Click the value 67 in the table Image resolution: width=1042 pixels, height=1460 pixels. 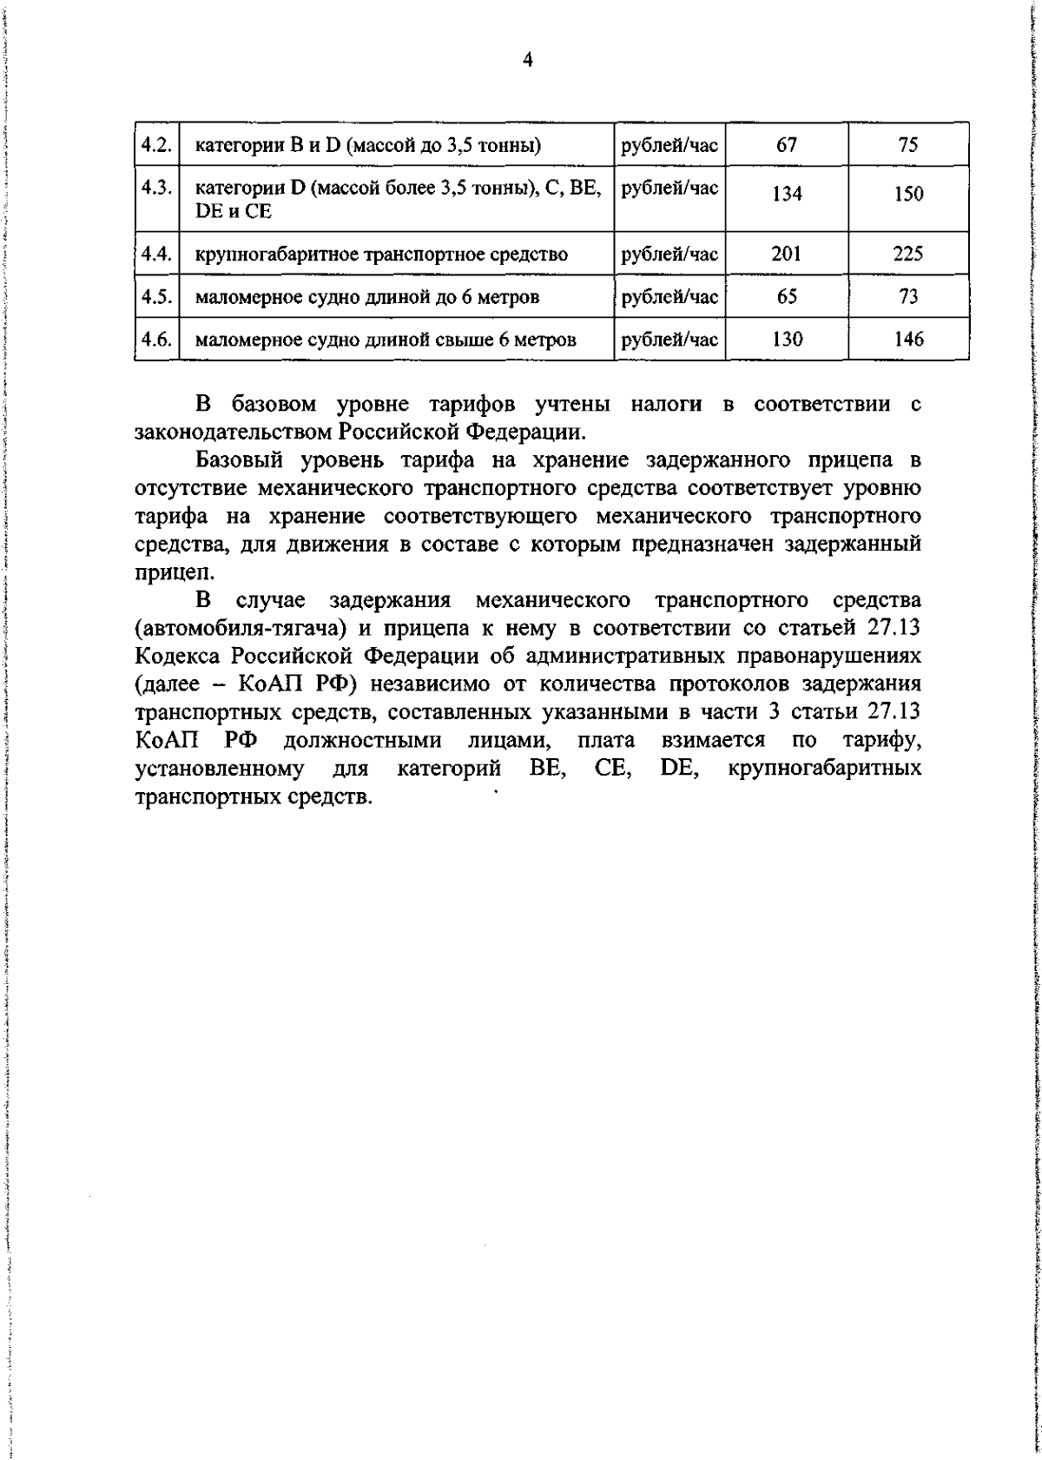tap(787, 144)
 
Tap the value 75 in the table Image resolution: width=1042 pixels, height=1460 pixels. tap(908, 144)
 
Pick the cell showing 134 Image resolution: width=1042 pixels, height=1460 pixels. tap(787, 195)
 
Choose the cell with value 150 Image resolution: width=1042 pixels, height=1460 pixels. tap(908, 195)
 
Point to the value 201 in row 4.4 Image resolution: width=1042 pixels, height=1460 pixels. tap(787, 254)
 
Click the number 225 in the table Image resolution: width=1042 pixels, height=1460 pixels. tap(908, 254)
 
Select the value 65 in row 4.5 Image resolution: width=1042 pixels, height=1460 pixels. tap(787, 296)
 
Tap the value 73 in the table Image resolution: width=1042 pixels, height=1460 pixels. tap(908, 296)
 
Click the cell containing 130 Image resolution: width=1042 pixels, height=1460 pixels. tap(787, 339)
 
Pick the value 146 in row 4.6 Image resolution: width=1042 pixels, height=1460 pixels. tap(908, 339)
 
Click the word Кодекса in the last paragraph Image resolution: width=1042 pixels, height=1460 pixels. tap(178, 657)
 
